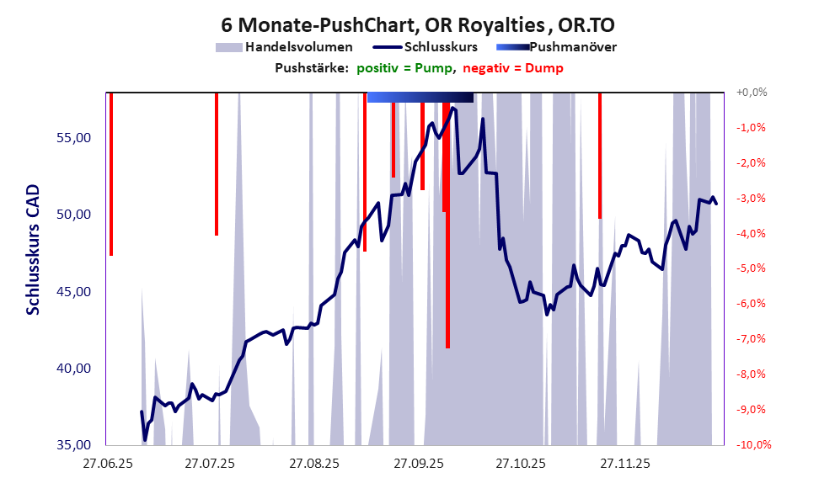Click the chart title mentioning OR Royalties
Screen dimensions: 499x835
coord(417,24)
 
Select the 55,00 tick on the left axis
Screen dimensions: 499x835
coord(73,137)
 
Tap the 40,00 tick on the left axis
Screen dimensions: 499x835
coord(73,369)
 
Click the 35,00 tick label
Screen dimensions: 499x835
coord(73,445)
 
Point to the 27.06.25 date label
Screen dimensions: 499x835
coord(106,464)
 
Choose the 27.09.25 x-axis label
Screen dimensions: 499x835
coord(416,464)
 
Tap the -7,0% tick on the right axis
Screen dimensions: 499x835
coord(752,339)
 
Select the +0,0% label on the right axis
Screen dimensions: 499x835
coord(752,93)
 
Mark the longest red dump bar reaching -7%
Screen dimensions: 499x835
coord(447,252)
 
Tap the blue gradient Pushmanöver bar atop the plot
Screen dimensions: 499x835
coord(420,98)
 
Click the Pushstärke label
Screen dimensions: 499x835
coord(312,68)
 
